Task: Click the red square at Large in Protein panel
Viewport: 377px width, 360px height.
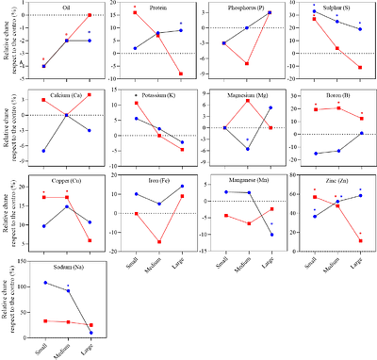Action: point(180,74)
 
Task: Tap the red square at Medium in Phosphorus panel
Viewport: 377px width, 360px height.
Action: point(246,63)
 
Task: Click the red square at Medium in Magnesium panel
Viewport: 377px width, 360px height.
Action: point(247,101)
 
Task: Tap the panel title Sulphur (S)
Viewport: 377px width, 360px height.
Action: point(338,7)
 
